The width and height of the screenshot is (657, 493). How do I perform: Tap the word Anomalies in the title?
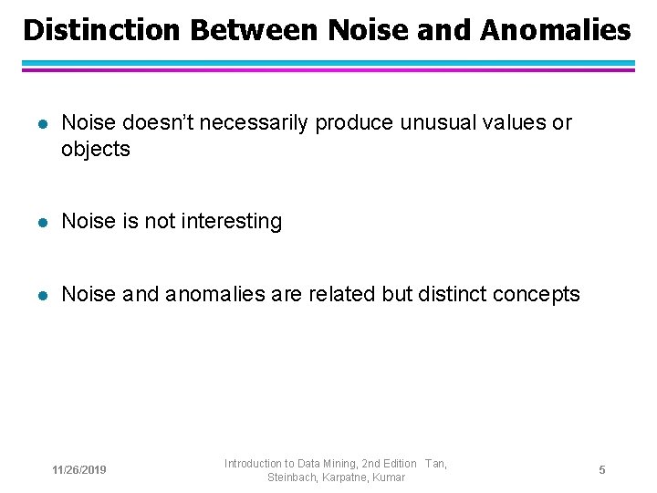point(555,30)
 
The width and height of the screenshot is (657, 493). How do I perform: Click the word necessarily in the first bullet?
point(255,123)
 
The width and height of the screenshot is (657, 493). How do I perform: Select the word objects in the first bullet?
point(96,150)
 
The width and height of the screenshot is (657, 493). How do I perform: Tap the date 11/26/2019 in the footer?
point(79,470)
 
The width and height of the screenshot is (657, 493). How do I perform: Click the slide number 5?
point(602,469)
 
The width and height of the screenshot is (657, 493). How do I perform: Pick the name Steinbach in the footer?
point(291,477)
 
